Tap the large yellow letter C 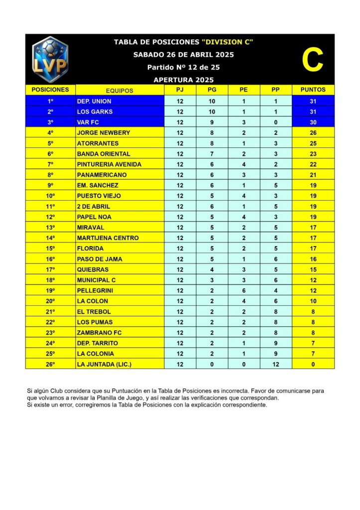(x=313, y=60)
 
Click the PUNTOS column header (x=313, y=90)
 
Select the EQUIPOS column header (x=120, y=91)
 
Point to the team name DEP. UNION (x=94, y=101)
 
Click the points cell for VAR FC (x=313, y=122)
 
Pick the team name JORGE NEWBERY (x=104, y=132)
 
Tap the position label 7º (x=50, y=164)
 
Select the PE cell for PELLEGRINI (x=244, y=290)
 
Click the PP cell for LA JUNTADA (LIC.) (x=275, y=364)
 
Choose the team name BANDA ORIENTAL (x=104, y=154)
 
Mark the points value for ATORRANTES (x=313, y=143)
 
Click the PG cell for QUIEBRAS (x=212, y=269)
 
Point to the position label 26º (x=50, y=364)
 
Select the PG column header (x=212, y=90)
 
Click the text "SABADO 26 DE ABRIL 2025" (x=184, y=55)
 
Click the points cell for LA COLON (x=313, y=301)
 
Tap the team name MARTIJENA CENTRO (x=108, y=238)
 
